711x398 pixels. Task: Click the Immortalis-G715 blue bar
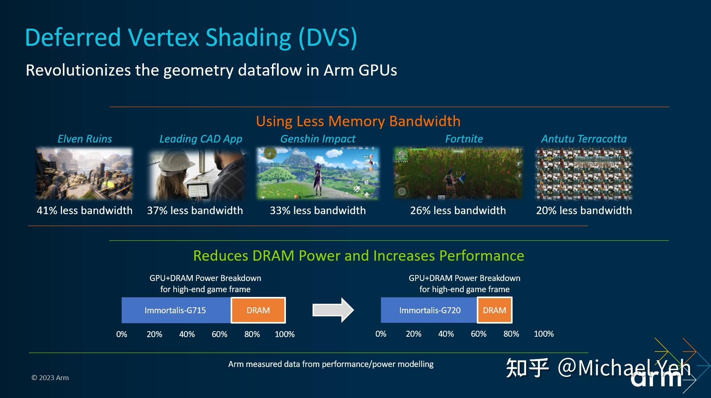click(175, 310)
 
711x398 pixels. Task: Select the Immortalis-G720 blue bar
click(429, 310)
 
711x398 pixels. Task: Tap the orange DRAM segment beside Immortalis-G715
click(258, 310)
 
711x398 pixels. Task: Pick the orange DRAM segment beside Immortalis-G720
click(494, 310)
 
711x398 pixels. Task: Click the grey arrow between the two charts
click(333, 310)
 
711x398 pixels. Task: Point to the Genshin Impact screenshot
click(318, 173)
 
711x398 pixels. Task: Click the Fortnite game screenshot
click(458, 173)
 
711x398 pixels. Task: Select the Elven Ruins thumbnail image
click(84, 173)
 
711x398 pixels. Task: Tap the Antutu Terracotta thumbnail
click(584, 173)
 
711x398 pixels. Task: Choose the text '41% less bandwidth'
click(84, 211)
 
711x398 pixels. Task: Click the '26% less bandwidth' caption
click(458, 211)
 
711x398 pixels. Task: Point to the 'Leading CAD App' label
click(201, 139)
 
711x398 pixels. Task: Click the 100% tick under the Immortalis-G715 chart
click(285, 334)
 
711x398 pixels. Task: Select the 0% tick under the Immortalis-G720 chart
click(381, 334)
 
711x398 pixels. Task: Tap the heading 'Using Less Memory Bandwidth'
click(358, 121)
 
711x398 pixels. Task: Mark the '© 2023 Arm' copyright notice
click(50, 378)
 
